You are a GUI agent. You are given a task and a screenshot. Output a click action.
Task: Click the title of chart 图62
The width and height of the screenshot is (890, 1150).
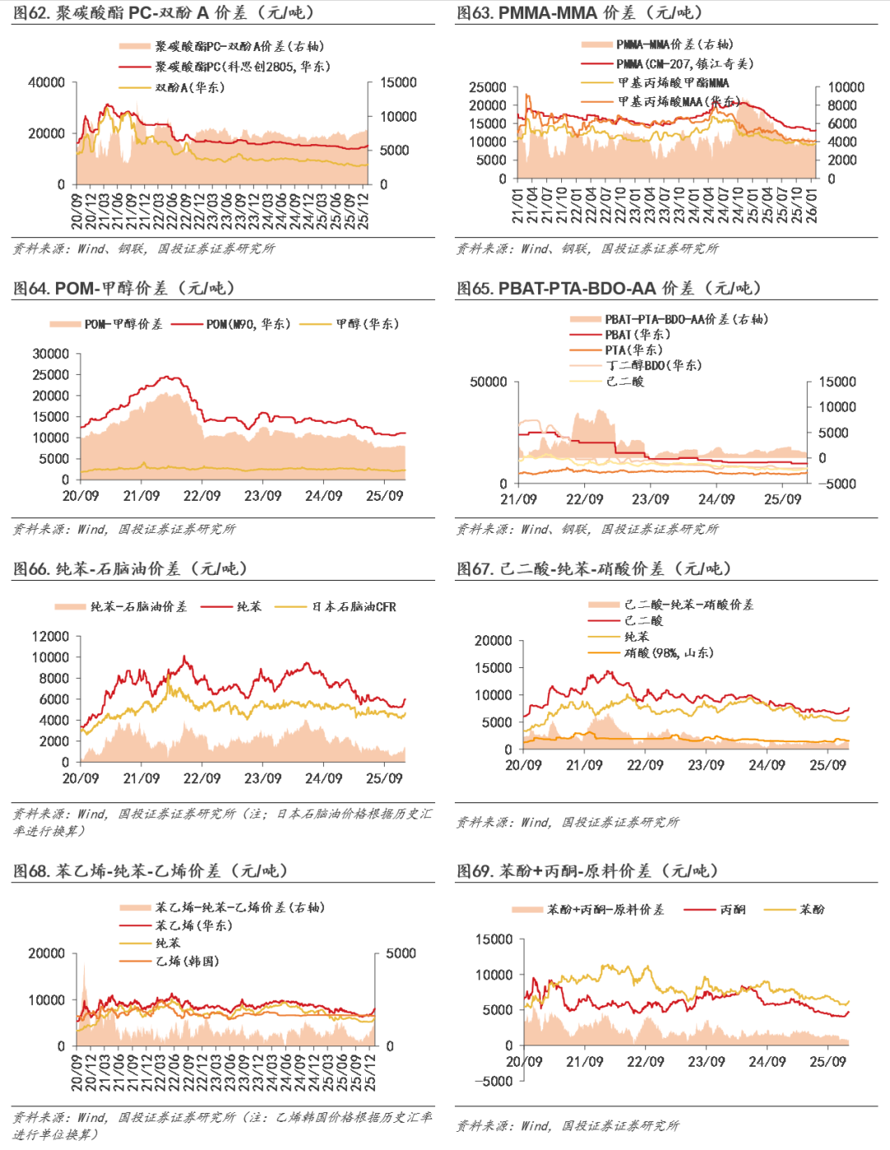click(163, 12)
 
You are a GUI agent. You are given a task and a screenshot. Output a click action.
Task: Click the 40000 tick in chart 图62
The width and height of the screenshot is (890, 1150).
click(46, 82)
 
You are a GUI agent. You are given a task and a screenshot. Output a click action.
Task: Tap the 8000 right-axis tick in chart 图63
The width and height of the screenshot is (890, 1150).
click(842, 105)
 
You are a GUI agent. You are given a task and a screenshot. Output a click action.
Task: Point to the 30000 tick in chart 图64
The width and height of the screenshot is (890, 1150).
click(51, 354)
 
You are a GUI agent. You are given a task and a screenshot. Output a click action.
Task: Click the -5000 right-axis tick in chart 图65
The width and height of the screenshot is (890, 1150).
click(837, 484)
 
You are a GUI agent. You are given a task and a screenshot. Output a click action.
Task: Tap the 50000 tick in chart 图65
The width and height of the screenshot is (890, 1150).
click(489, 382)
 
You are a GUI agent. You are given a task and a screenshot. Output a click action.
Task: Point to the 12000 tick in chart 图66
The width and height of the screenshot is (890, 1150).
click(50, 637)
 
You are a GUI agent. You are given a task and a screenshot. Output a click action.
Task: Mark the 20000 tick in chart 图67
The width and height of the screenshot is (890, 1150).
click(494, 641)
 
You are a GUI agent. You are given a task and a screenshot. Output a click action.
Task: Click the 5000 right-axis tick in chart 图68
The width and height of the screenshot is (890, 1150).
click(401, 954)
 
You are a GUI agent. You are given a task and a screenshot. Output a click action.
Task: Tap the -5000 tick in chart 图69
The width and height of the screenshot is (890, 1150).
click(494, 1081)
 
